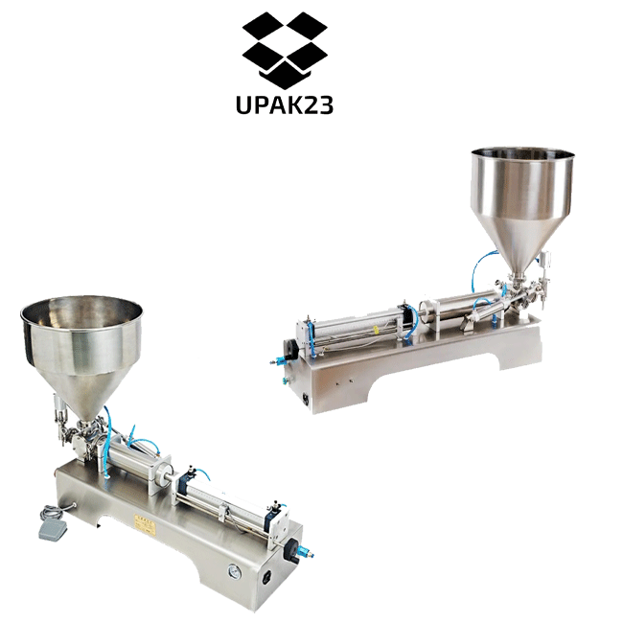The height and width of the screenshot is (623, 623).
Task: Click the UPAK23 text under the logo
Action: [285, 105]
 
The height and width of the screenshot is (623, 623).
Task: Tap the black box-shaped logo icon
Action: [285, 50]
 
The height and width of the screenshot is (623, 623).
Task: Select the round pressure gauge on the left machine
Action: [233, 572]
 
